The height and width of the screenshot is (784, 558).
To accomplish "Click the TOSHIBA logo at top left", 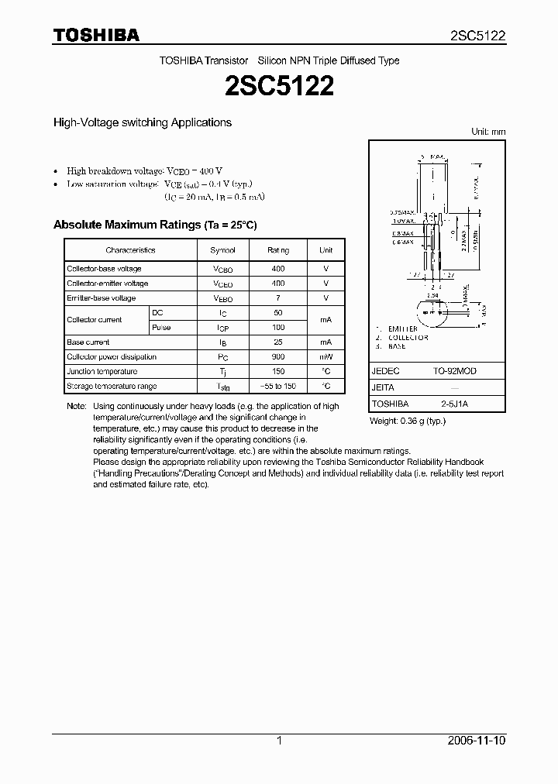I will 96,36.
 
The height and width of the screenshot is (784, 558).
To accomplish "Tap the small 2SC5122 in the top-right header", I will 478,36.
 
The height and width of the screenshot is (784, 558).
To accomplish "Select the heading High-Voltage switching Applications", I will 142,122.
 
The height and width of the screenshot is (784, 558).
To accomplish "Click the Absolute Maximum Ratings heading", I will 154,225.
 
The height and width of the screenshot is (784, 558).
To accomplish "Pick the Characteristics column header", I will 130,250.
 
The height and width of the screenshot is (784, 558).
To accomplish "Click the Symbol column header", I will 222,250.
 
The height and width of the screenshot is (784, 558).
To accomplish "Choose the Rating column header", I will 278,250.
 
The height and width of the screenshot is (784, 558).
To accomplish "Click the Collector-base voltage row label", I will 104,269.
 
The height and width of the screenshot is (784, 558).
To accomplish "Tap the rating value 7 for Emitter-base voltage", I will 278,298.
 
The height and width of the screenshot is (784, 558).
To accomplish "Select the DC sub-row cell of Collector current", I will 158,312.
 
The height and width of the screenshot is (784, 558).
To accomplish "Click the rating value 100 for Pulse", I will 278,328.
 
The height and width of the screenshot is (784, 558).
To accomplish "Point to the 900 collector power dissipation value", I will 278,357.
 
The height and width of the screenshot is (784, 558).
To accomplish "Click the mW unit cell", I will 326,357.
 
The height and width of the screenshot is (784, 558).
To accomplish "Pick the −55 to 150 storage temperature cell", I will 278,386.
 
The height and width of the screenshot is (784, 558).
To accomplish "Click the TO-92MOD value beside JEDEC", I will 455,371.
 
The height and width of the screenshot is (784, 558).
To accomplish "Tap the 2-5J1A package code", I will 455,404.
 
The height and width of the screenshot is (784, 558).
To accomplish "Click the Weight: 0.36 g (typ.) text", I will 408,421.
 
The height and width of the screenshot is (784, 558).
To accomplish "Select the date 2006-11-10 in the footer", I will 477,741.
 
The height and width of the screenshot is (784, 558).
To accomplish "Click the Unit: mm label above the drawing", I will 488,132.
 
